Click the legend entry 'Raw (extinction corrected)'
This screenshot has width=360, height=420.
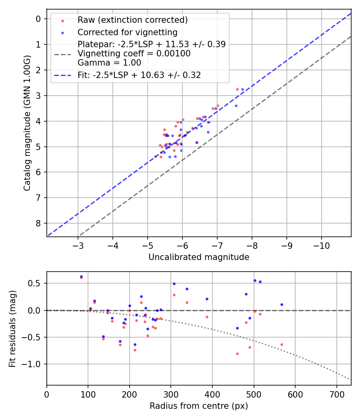click(132, 20)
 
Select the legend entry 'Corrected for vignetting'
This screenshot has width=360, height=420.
click(127, 32)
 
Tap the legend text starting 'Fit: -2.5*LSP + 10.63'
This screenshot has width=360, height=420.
click(139, 75)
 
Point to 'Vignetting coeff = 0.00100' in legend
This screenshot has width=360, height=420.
click(134, 54)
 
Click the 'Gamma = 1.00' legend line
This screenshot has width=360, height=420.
click(109, 63)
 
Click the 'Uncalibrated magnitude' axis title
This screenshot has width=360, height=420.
click(199, 257)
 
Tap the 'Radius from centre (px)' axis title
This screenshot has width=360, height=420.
click(199, 406)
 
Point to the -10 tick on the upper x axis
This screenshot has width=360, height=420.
click(322, 245)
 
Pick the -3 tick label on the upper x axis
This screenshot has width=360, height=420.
click(78, 245)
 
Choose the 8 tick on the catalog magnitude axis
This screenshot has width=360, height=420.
click(38, 223)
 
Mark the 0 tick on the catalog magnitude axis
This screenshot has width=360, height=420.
click(38, 19)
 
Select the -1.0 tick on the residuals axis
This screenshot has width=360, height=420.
click(34, 364)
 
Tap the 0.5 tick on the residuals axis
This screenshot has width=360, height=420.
click(36, 283)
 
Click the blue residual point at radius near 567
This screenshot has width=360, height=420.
click(282, 304)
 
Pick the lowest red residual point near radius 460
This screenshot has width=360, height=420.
click(237, 354)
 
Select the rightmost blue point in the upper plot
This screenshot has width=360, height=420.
click(242, 90)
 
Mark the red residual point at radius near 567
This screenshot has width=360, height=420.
click(282, 344)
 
